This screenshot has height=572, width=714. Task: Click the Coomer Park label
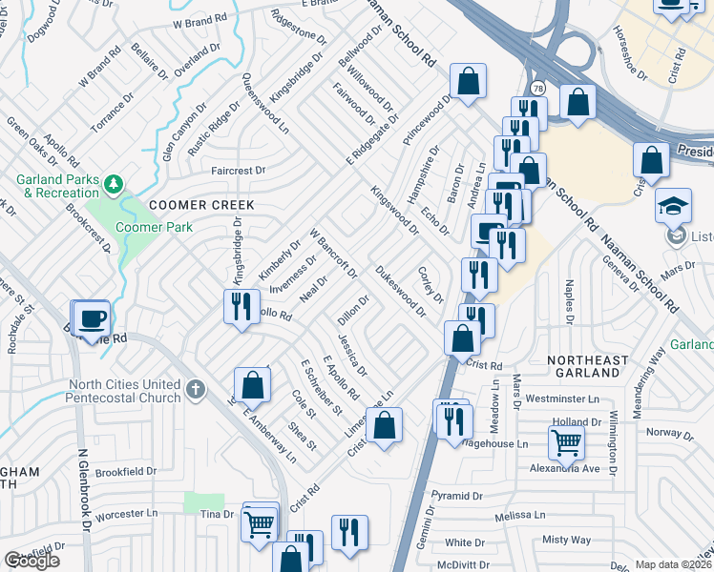(x=154, y=227)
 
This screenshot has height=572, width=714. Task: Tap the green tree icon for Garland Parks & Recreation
(x=114, y=182)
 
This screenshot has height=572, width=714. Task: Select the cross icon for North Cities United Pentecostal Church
(x=196, y=389)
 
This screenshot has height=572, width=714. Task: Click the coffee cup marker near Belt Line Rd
(x=92, y=318)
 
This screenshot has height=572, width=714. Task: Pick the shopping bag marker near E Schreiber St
(x=252, y=386)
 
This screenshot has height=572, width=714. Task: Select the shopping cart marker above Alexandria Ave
(x=566, y=442)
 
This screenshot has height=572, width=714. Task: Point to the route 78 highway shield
(x=538, y=87)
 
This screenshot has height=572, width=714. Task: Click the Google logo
(x=31, y=562)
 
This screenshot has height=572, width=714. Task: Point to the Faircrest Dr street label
(x=237, y=171)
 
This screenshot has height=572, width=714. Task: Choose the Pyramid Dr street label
(x=456, y=496)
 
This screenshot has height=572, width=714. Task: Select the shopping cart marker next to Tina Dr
(x=260, y=523)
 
